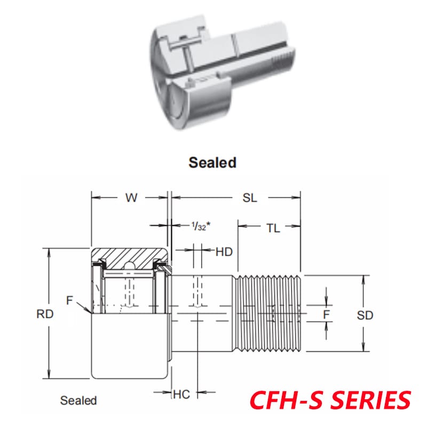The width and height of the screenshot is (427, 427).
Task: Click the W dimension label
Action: [x=131, y=197]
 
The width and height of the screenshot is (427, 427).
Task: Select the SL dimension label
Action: [x=250, y=197]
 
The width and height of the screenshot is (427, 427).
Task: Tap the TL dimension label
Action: [x=273, y=228]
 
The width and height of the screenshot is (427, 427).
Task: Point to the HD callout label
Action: [x=224, y=251]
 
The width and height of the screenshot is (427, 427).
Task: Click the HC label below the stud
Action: [x=181, y=394]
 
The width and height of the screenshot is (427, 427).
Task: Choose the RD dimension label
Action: [x=45, y=314]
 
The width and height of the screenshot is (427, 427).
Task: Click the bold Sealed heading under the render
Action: [x=212, y=162]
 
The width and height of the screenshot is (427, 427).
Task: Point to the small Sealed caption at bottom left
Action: [x=78, y=400]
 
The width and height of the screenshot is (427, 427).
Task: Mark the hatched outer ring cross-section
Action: [x=131, y=256]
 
